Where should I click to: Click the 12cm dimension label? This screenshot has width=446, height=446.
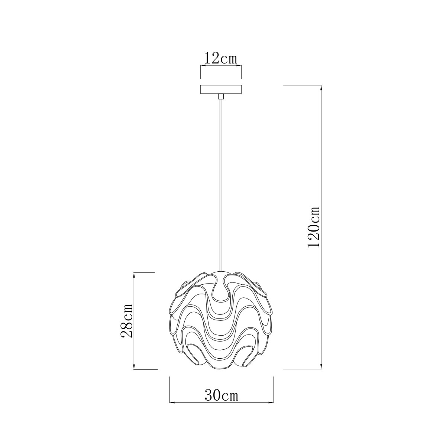(x=220, y=59)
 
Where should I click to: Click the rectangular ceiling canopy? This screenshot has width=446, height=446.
(x=221, y=89)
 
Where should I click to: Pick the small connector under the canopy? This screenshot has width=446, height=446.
(x=221, y=96)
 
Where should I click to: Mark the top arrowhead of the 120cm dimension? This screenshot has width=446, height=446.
(x=321, y=88)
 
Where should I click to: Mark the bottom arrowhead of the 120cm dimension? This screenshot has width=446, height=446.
(x=321, y=372)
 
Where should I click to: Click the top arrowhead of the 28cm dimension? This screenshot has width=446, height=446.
(x=134, y=276)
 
